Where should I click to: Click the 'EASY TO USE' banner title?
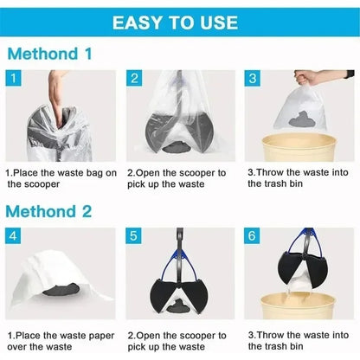click(180, 20)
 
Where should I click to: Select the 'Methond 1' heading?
click(49, 54)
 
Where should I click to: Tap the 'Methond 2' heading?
click(49, 210)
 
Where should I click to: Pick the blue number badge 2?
click(134, 80)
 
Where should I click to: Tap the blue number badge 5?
click(134, 235)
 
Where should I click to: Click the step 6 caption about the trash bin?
click(298, 339)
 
